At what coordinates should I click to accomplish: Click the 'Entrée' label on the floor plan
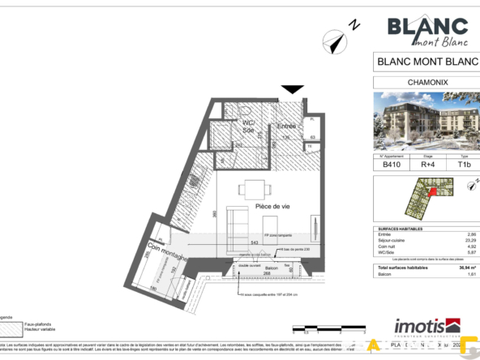[286, 126]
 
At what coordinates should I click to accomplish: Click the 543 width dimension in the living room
[254, 242]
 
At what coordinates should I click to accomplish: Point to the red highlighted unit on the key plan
[432, 192]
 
